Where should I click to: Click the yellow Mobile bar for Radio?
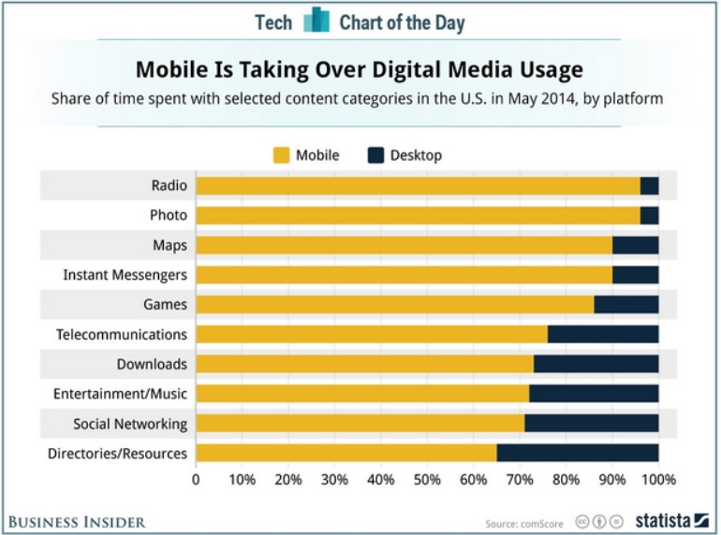coord(418,185)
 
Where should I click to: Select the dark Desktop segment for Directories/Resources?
coord(578,454)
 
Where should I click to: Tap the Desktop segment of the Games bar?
coord(625,304)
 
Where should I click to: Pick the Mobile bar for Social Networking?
coord(360,424)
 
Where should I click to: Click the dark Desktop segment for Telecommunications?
coord(603,334)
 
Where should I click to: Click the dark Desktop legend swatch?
coord(377,155)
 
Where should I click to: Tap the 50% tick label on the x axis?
coord(427,481)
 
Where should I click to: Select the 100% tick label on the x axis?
coord(658,481)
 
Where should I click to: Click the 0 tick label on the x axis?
coord(196,481)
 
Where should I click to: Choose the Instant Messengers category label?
coord(125,274)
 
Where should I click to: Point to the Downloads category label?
coord(152,364)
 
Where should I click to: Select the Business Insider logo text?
coord(76,521)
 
